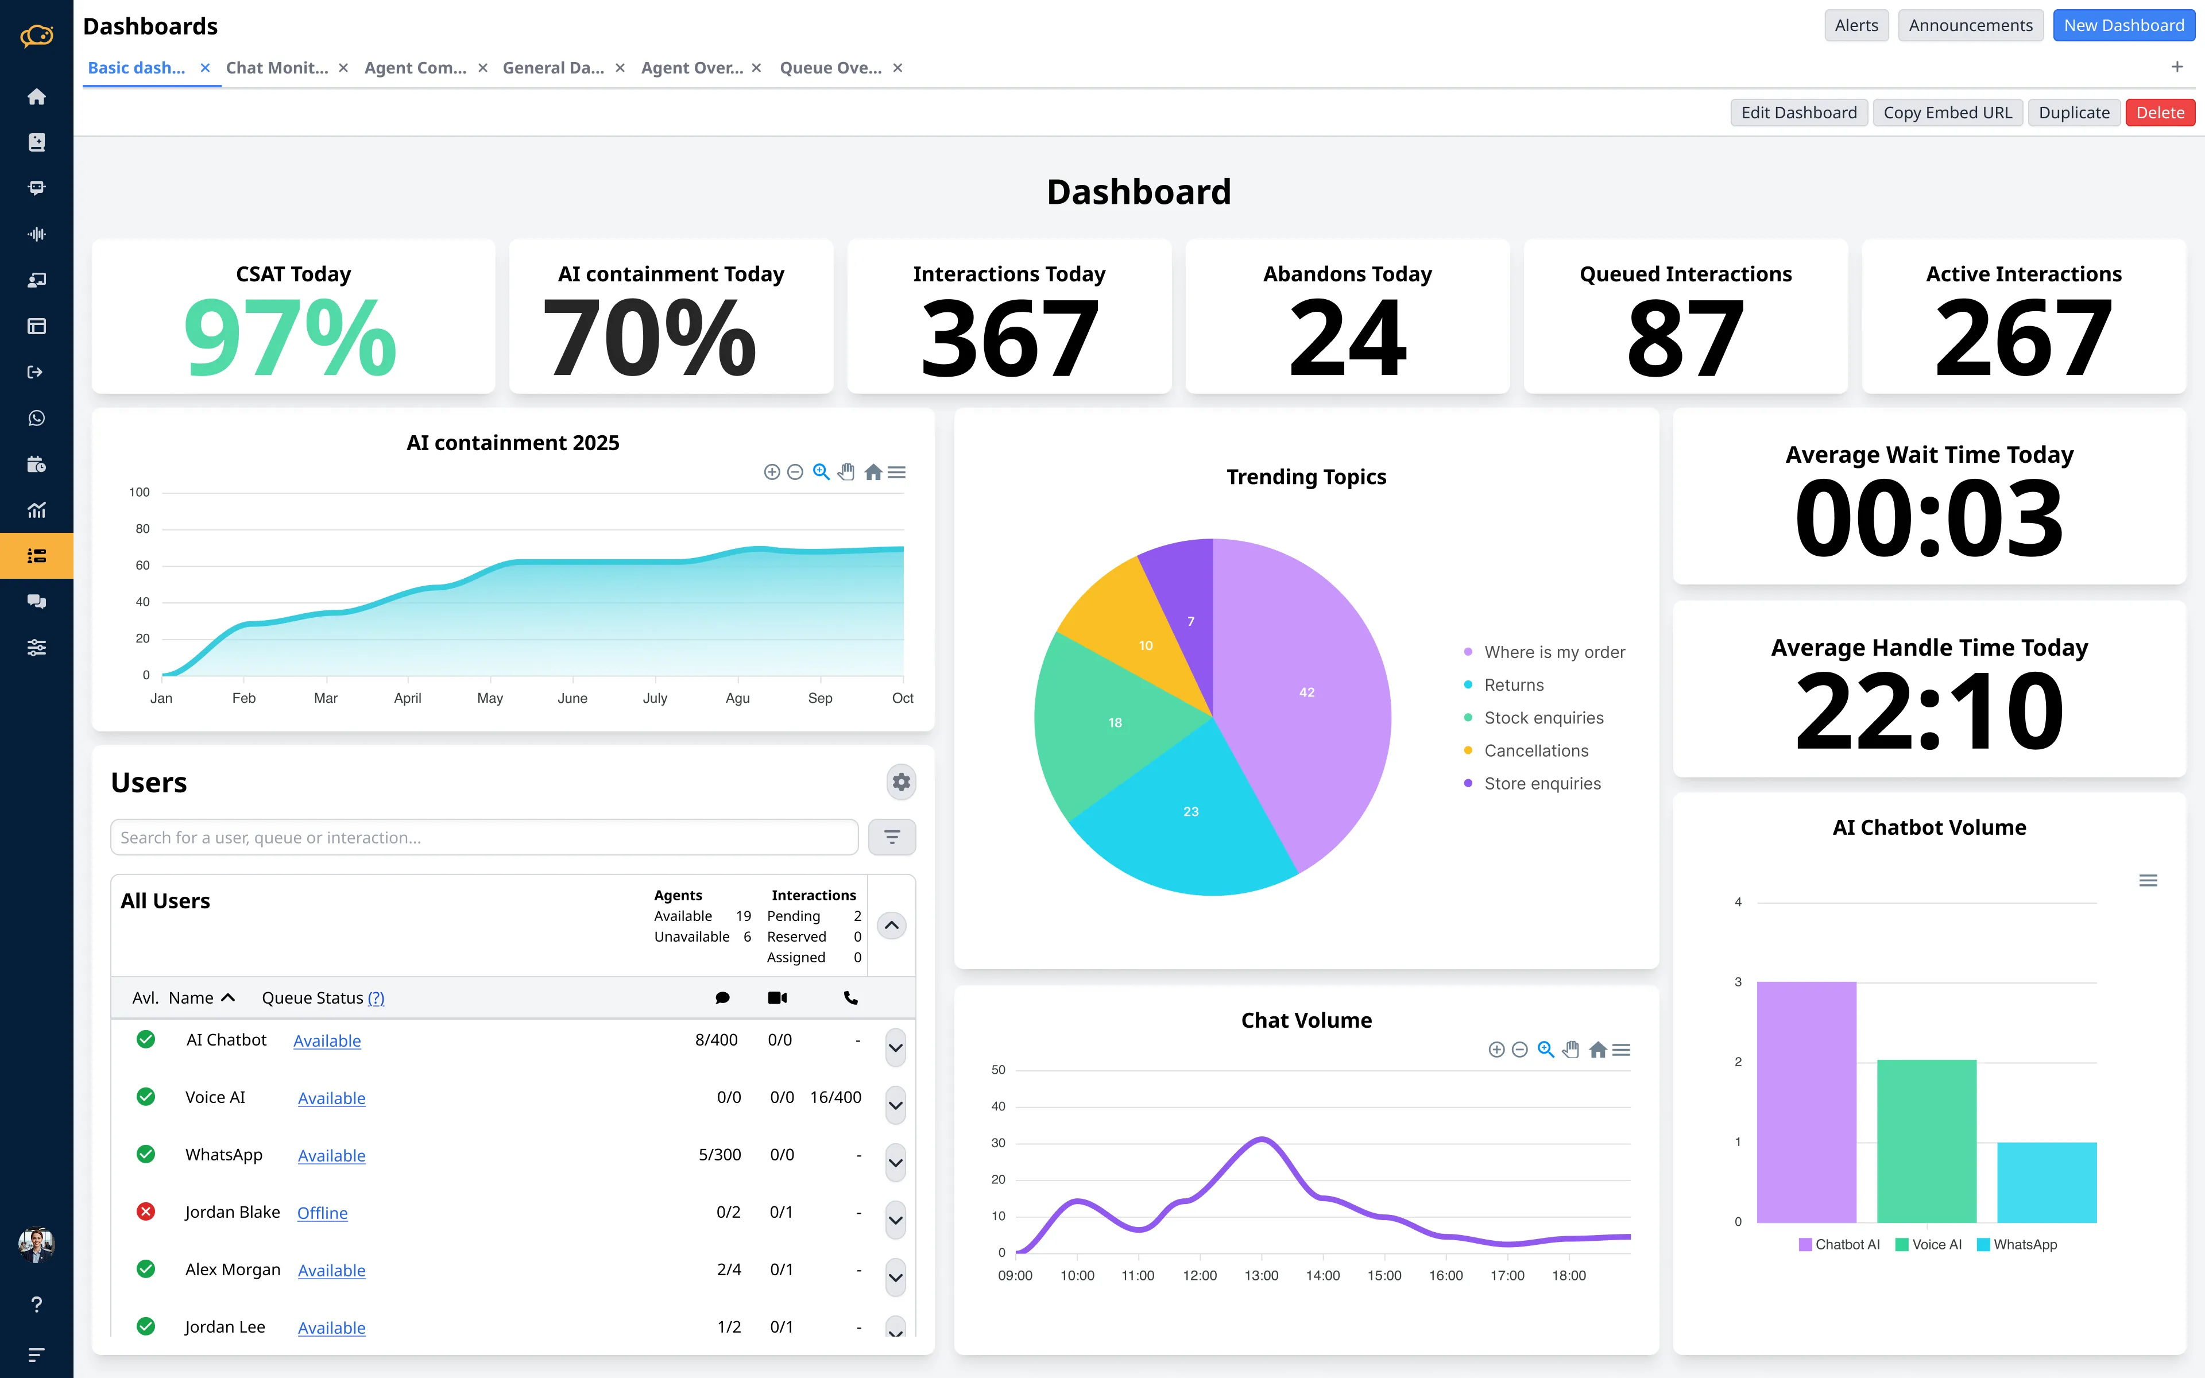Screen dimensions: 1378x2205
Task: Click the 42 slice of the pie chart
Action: (1306, 692)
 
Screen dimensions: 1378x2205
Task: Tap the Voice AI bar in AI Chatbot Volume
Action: (1926, 1139)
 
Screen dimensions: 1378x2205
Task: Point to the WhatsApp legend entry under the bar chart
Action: (2024, 1245)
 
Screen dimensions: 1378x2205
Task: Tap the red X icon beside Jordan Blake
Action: (146, 1212)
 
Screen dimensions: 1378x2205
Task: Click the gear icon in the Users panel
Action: (900, 782)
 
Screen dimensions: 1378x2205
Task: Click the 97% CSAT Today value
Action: (291, 339)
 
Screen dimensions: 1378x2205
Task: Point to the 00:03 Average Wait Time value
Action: (1929, 520)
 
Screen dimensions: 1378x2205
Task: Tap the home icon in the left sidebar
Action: (36, 96)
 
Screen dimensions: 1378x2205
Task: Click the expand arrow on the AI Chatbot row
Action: (895, 1048)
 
